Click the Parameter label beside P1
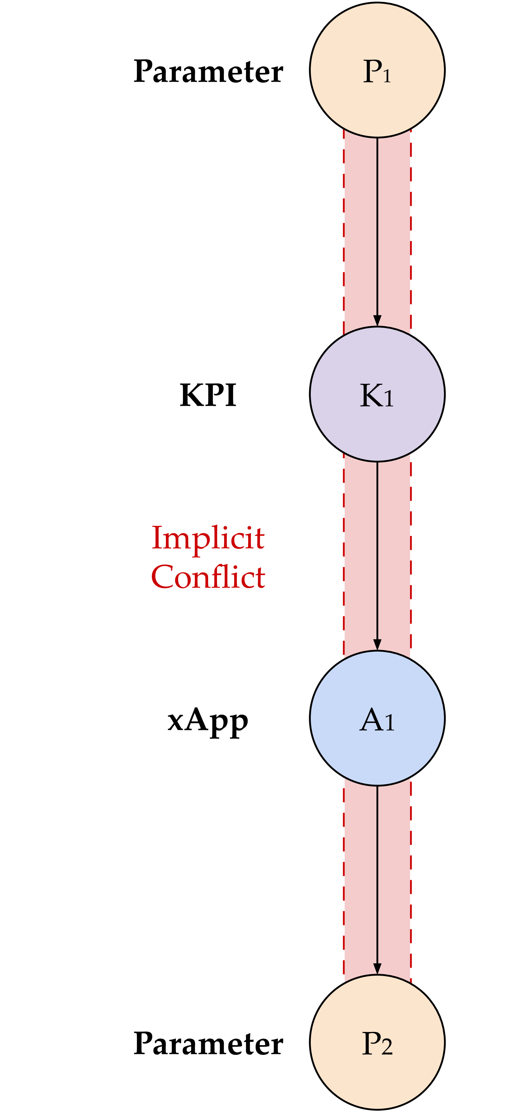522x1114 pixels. tap(208, 71)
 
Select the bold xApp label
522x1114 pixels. tap(208, 720)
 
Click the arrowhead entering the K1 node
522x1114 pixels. tap(377, 320)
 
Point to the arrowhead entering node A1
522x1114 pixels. tap(377, 644)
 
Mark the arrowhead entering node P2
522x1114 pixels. tap(377, 968)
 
